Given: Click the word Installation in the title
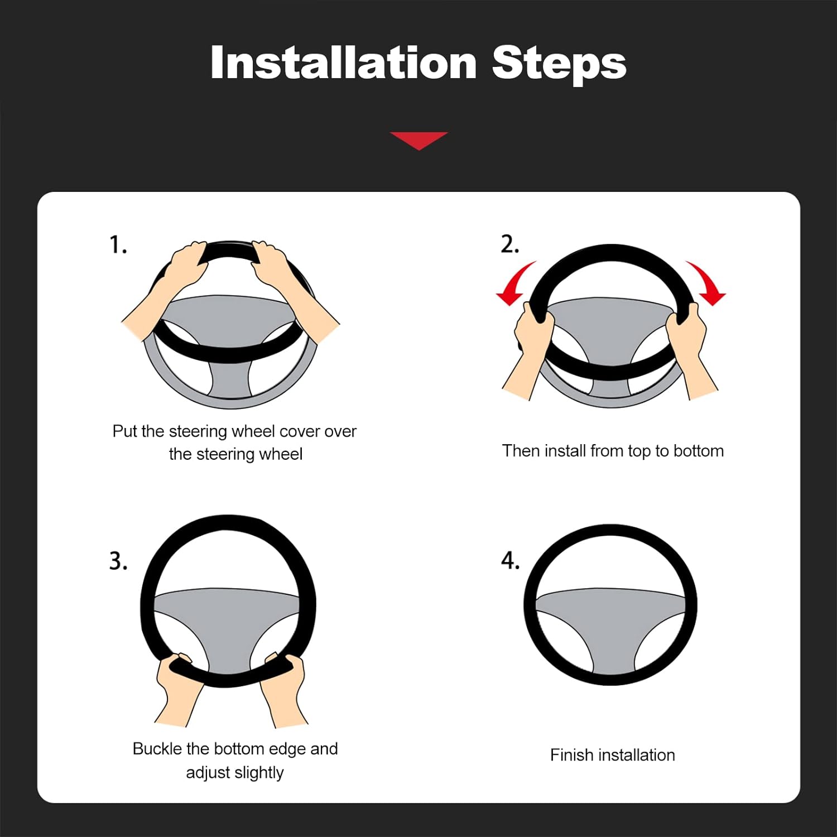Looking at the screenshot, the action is coord(343,62).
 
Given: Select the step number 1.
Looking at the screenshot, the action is coord(118,244).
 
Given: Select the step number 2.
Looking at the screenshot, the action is coord(509,244).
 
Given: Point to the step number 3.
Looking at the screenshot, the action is coord(118,560).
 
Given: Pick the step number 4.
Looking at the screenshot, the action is coord(510,560).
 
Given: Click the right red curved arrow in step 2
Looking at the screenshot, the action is coord(706,283).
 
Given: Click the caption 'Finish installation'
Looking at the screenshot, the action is coord(612,755).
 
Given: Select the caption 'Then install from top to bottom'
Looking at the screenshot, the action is coord(613,451).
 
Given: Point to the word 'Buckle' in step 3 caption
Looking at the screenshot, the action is coord(157,749).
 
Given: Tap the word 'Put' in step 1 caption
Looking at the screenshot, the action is coord(125,431).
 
